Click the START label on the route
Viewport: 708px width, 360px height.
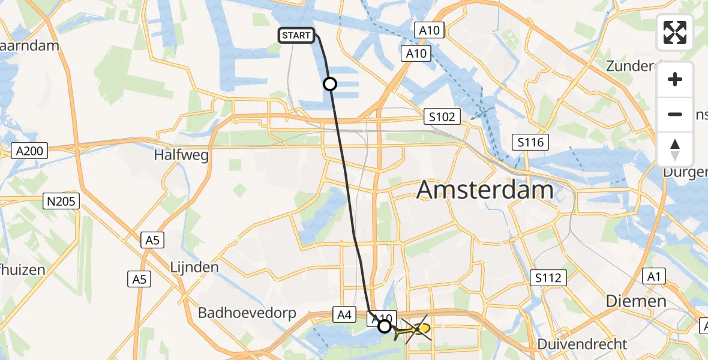296,35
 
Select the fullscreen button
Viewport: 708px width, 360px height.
675,32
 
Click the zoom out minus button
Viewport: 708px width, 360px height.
675,114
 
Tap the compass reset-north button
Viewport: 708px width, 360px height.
675,149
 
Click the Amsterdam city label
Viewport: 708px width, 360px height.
485,190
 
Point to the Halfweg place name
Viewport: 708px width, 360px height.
181,155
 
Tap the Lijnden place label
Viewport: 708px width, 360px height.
193,267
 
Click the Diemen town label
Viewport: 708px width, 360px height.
636,301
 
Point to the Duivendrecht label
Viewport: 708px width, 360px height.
582,344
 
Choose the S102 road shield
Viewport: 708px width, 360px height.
442,116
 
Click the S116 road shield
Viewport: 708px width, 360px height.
531,142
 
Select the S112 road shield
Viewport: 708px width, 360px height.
549,277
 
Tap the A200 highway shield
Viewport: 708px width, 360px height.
29,151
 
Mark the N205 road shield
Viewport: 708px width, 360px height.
62,202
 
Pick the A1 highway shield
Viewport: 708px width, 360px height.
653,277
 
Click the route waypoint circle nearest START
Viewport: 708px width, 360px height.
330,84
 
